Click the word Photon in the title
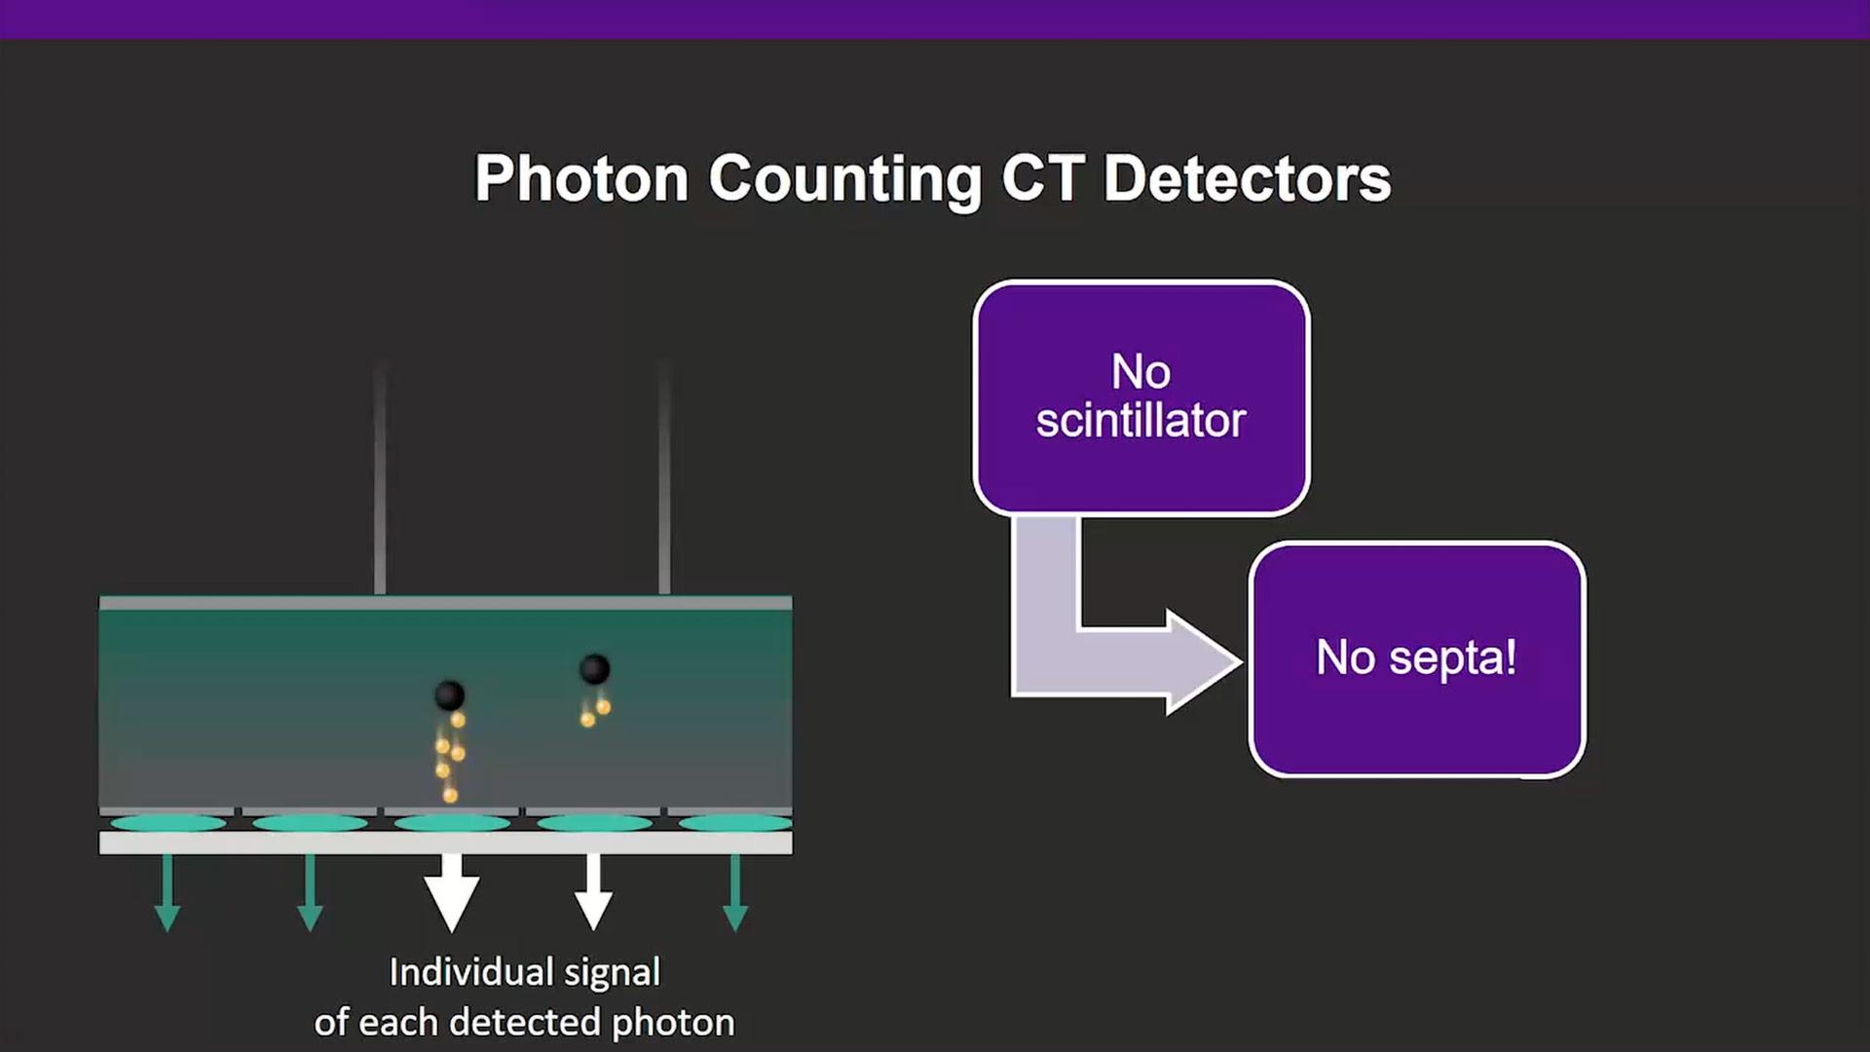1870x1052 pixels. (581, 179)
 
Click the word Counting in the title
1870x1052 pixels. (844, 179)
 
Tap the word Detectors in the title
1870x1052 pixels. (1247, 179)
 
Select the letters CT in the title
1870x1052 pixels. (1042, 179)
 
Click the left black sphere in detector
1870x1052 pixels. (449, 695)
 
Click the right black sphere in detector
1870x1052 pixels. (594, 669)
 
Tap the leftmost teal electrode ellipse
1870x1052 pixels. (168, 823)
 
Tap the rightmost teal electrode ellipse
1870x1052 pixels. (735, 823)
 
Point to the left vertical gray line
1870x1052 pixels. (380, 477)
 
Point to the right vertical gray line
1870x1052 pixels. (664, 477)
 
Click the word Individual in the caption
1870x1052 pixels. (470, 972)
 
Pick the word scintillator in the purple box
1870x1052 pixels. (1141, 421)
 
